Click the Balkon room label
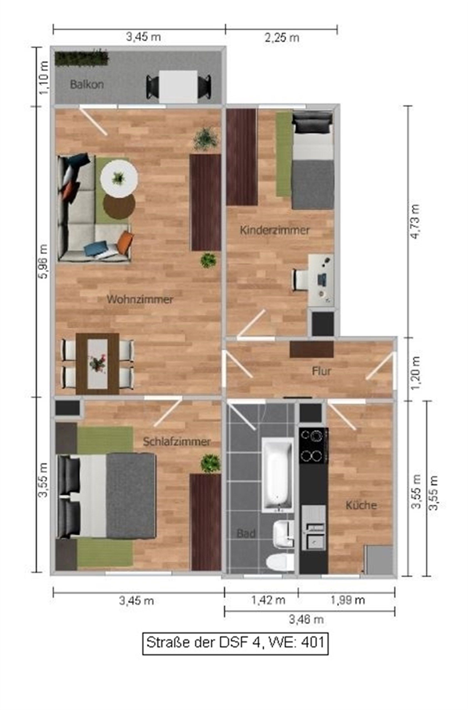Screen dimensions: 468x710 87,84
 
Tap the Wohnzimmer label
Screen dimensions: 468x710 140,299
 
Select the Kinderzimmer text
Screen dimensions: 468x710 275,230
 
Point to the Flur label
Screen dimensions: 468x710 322,371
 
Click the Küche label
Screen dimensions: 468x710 361,505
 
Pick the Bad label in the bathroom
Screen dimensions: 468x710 246,533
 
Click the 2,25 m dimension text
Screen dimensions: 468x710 282,38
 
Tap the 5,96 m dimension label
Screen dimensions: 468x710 44,261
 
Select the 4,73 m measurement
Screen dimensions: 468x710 415,221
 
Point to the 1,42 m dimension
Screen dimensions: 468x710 268,600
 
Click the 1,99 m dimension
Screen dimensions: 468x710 348,600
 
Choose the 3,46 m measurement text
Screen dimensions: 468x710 306,620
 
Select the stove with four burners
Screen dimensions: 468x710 314,446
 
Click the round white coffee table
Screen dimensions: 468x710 119,179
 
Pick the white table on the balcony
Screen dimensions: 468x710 178,87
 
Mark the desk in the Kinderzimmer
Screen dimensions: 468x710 321,280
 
